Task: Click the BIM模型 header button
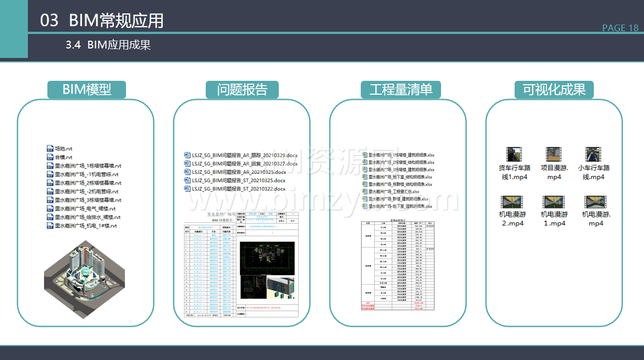[86, 90]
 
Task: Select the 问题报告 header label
[242, 90]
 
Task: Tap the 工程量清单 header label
[400, 90]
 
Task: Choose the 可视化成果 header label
[554, 90]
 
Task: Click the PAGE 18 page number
[620, 28]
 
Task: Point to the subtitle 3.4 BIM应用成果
[108, 45]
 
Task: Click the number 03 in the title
[49, 21]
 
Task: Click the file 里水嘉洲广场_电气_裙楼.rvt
[84, 208]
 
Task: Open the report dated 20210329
[240, 155]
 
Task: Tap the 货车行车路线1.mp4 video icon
[514, 154]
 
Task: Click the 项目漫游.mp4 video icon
[554, 154]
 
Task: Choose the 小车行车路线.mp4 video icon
[593, 154]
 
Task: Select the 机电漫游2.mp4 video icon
[511, 202]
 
